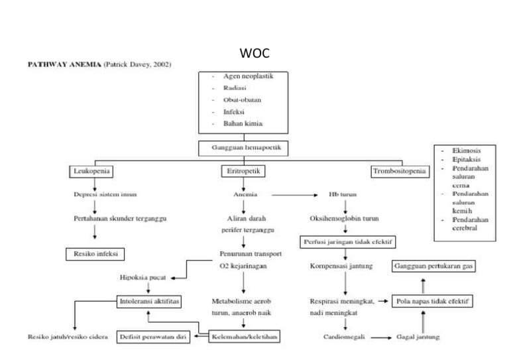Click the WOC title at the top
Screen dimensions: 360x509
pos(254,52)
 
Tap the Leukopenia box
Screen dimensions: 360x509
pos(91,172)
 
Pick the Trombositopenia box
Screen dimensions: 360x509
pos(398,172)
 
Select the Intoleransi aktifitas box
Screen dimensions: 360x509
pos(149,300)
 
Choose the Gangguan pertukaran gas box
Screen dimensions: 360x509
pos(435,266)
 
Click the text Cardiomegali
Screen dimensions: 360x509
pos(343,337)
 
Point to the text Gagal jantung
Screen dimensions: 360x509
pos(418,337)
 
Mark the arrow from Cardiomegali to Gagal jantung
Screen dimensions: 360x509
pos(380,337)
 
